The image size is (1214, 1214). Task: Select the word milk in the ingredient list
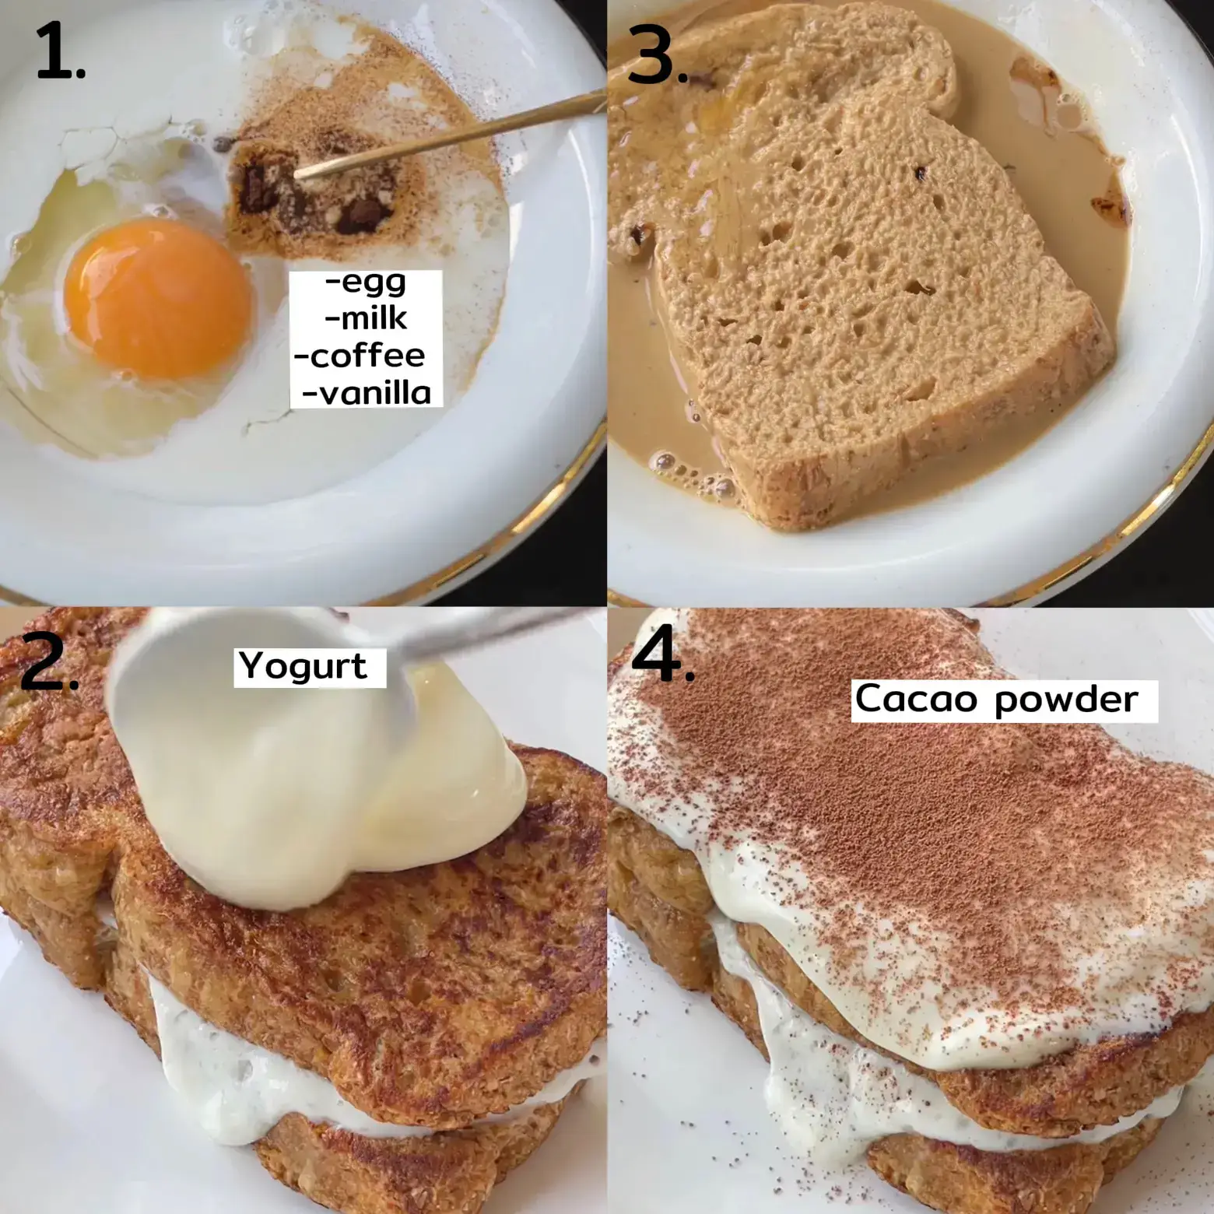point(366,318)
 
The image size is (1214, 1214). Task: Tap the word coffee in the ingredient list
point(360,356)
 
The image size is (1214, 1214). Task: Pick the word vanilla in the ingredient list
point(366,393)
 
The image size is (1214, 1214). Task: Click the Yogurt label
point(303,667)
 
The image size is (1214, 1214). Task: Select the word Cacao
point(916,698)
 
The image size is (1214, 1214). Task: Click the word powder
point(1067,700)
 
